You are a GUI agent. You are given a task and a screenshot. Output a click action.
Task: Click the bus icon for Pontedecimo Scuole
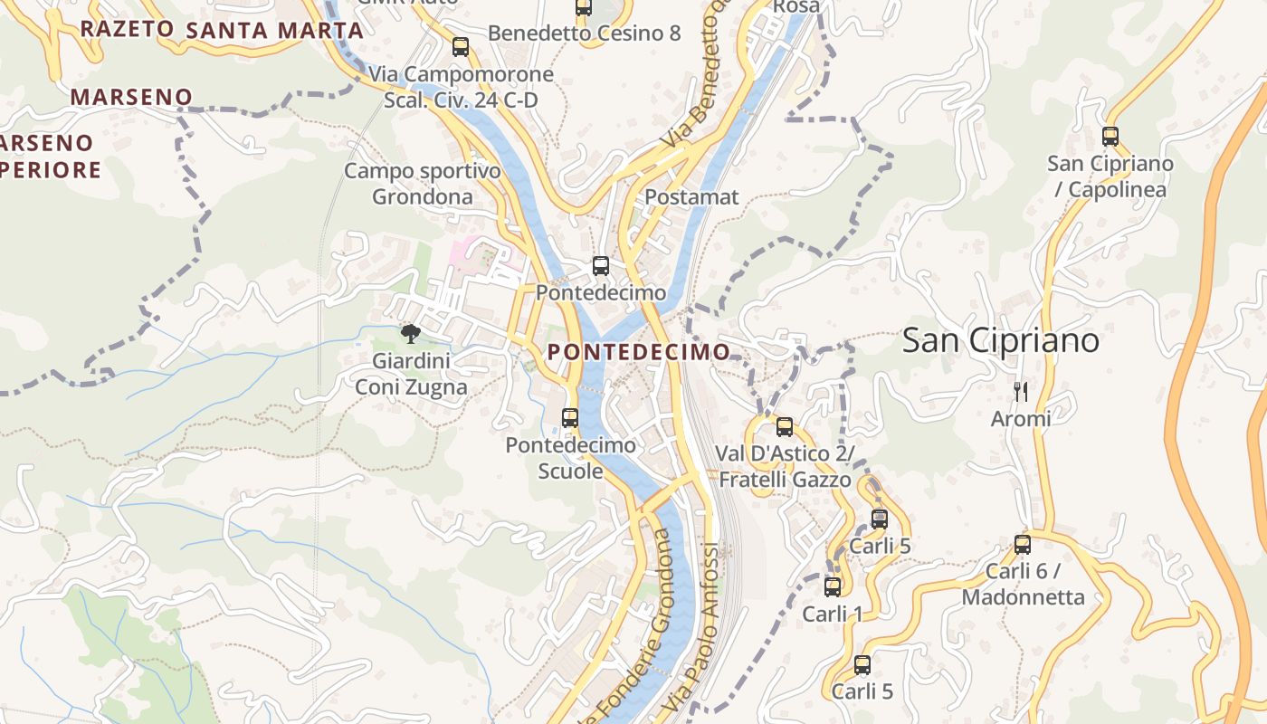569,417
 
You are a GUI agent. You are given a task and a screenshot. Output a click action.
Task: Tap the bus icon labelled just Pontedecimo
600,266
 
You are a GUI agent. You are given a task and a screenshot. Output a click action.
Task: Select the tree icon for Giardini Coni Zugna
411,334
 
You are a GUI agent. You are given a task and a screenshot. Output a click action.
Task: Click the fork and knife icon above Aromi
1021,391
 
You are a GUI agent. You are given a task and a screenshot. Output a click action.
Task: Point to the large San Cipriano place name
1000,340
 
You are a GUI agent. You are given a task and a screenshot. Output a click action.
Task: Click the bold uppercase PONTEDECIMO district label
639,352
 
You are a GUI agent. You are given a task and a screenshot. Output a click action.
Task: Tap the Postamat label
691,196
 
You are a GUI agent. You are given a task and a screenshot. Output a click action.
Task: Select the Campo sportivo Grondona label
423,184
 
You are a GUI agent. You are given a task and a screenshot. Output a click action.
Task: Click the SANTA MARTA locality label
274,30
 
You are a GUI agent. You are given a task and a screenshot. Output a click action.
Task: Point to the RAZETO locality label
127,28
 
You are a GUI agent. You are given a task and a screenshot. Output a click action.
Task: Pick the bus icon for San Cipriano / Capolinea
1110,137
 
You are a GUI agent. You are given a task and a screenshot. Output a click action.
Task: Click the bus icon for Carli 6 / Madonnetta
1022,544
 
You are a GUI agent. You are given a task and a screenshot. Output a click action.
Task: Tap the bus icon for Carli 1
833,586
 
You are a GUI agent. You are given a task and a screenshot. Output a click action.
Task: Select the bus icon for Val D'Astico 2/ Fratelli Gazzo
784,426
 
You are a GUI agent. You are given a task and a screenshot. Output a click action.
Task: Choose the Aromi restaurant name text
1021,418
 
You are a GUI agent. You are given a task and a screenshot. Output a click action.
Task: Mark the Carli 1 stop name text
833,614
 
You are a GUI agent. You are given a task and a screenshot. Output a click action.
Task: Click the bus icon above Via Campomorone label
460,47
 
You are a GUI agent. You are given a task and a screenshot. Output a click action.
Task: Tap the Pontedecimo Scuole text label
570,458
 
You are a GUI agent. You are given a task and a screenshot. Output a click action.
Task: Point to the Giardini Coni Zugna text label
411,374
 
